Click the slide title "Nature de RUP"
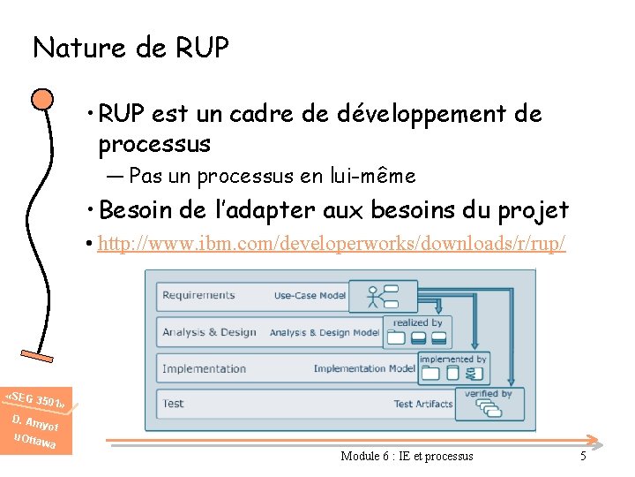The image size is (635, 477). pos(131,48)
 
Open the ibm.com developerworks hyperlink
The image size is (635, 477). pos(332,243)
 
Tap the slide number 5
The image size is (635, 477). pos(583,456)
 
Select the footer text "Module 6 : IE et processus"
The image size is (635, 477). pos(407,456)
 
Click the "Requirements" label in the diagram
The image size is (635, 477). pos(198,295)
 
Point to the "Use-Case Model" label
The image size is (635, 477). pos(309,296)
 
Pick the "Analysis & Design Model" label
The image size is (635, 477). pos(325,333)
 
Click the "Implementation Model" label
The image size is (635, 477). pos(364,368)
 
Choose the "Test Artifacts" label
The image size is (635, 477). pos(423,405)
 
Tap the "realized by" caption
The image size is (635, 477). pos(418,323)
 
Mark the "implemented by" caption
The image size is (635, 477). pos(452,360)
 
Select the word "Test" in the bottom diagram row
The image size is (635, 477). pos(173,404)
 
